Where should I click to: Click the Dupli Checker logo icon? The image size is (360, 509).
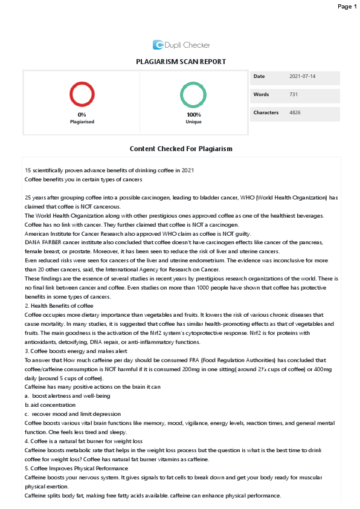pos(158,44)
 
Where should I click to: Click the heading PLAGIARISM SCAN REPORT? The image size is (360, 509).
pos(181,62)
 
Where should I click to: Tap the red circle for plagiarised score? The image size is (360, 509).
pos(82,95)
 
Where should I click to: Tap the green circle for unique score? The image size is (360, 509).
pos(193,95)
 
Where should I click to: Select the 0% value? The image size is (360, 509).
pos(82,114)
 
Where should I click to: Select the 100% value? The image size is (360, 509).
pos(193,114)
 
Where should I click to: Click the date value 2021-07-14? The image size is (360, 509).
pos(303,77)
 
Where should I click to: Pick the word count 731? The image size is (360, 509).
pos(294,95)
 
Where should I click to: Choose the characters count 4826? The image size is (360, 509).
pos(295,112)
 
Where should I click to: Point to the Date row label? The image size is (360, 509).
pos(259,77)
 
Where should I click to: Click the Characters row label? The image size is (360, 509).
pos(266,112)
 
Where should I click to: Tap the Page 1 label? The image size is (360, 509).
pos(347,7)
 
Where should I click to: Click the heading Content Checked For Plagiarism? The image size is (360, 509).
pos(181,149)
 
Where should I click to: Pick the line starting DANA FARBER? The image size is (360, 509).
pos(136,242)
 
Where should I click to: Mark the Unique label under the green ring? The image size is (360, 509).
pos(193,122)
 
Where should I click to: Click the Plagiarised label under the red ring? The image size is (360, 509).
pos(82,122)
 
